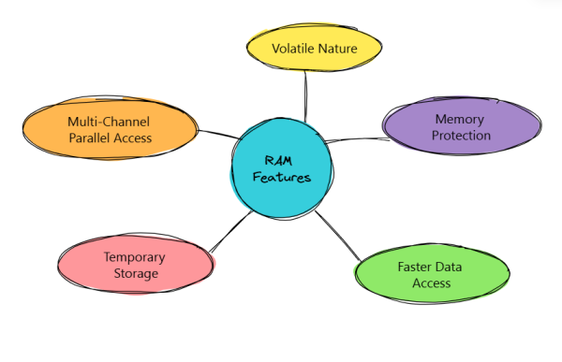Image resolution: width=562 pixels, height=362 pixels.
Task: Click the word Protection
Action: [x=463, y=136]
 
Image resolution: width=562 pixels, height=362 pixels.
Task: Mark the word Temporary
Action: [x=135, y=256]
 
